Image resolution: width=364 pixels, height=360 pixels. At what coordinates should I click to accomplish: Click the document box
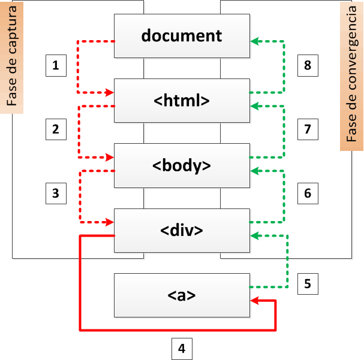tap(182, 35)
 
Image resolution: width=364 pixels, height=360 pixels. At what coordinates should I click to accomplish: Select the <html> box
tap(182, 100)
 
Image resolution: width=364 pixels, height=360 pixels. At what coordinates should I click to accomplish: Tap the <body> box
tap(182, 165)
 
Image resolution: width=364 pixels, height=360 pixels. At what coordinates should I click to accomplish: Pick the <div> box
tap(182, 230)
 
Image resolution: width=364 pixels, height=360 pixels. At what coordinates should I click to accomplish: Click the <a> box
tap(182, 295)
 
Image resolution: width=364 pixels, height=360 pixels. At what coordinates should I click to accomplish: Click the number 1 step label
tap(56, 65)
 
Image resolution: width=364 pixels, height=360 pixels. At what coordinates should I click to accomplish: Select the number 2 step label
tap(56, 129)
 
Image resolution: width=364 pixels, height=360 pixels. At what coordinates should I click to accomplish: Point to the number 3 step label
tap(56, 193)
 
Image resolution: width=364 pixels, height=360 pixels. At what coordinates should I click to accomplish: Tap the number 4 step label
tap(182, 347)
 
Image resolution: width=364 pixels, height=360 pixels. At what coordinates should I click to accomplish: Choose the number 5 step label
tap(308, 283)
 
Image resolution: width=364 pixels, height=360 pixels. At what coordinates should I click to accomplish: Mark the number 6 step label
tap(308, 193)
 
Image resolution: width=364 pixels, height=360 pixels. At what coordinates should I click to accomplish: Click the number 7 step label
tap(308, 129)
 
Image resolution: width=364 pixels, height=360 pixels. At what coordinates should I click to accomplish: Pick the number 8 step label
tap(308, 65)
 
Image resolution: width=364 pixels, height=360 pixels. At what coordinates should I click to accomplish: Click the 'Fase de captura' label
tap(12, 57)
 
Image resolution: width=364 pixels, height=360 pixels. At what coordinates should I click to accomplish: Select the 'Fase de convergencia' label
tap(351, 75)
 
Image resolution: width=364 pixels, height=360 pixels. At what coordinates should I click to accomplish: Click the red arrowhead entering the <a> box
tap(254, 301)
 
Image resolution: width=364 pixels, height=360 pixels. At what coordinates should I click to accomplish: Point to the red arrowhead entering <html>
tap(110, 93)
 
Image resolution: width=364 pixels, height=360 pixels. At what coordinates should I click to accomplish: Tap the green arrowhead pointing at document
tap(254, 41)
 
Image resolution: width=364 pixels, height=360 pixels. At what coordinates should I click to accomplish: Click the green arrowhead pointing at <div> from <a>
tap(254, 235)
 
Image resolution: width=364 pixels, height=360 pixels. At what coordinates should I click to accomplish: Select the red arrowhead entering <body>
tap(110, 158)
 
